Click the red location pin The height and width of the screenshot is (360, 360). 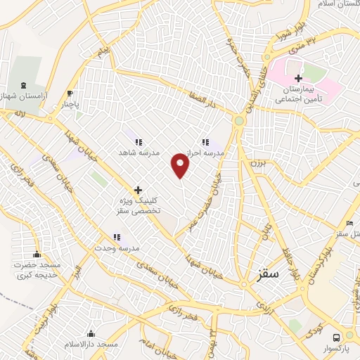(181, 166)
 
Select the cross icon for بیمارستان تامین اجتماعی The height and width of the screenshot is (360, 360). (299, 78)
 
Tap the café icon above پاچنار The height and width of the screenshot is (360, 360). (70, 93)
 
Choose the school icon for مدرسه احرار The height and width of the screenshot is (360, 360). (205, 141)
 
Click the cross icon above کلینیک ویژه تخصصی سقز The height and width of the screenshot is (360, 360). (139, 190)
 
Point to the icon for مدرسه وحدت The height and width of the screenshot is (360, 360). (117, 238)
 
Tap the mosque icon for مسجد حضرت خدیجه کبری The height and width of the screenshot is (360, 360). (37, 254)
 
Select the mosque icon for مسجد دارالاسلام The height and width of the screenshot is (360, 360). (90, 333)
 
